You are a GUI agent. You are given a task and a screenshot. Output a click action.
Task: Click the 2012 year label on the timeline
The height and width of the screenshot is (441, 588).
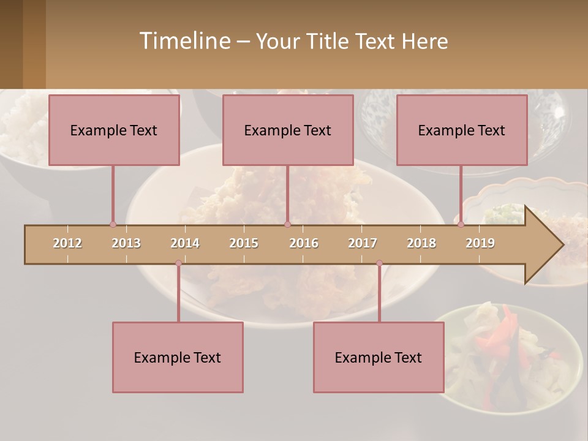67,243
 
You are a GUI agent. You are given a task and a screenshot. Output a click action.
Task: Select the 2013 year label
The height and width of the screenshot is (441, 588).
126,243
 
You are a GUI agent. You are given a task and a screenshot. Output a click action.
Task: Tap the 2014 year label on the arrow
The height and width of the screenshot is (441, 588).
185,243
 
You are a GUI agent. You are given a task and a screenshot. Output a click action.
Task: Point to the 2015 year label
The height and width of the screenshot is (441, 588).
244,243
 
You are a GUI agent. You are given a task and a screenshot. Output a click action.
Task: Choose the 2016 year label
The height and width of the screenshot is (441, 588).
304,243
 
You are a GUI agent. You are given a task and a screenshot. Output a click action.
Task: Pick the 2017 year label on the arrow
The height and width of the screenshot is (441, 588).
363,243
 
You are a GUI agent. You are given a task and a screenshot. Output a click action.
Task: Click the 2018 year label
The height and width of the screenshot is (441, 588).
421,243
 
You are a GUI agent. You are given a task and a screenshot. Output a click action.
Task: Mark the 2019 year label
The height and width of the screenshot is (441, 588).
480,243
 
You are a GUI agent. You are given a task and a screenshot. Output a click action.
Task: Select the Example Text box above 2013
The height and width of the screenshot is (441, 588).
114,130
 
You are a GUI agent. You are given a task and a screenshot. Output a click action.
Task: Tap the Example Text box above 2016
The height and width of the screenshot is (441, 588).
288,130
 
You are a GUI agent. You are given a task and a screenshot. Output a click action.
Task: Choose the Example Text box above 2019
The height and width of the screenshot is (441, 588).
462,130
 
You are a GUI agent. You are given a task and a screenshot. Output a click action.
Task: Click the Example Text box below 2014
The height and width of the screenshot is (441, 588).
178,357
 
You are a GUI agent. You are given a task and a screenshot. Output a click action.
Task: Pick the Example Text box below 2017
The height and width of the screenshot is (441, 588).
379,357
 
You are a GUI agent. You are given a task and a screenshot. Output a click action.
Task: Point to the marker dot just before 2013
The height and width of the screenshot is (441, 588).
113,224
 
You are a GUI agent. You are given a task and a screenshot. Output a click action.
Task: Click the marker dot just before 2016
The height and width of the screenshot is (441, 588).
287,224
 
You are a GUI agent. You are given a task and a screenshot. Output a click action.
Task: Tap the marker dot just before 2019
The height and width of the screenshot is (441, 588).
461,224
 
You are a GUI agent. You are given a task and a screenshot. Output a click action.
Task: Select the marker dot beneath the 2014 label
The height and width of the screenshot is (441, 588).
178,263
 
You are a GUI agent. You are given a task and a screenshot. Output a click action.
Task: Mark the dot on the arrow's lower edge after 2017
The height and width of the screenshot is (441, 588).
379,263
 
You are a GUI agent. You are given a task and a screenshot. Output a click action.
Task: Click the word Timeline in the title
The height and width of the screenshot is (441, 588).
184,41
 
